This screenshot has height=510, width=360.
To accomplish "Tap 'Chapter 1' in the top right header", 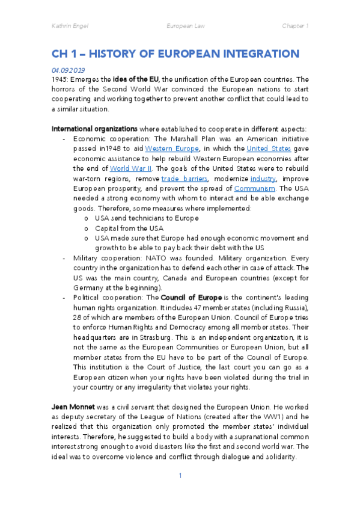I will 295,26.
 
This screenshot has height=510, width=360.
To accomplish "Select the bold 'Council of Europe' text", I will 191,298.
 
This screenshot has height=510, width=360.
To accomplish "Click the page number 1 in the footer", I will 180,493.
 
